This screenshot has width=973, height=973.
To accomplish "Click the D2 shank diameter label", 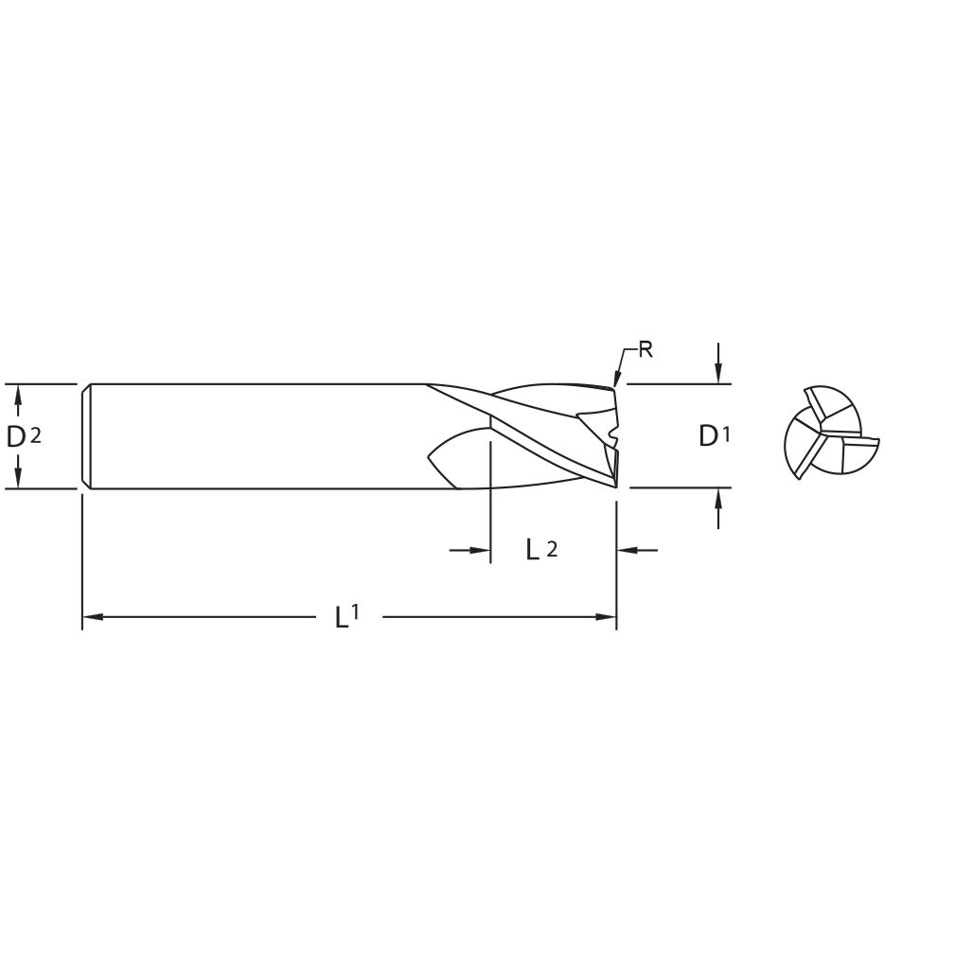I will [x=24, y=436].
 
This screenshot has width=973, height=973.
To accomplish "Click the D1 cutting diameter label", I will [x=715, y=436].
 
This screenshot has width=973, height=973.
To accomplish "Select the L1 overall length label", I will [x=347, y=617].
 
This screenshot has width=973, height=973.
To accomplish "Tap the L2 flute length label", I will [x=540, y=549].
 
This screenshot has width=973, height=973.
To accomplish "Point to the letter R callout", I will [x=646, y=349].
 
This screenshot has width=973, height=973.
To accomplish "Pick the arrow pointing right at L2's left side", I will [x=481, y=549].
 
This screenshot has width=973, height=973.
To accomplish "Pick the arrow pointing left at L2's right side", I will [x=628, y=549].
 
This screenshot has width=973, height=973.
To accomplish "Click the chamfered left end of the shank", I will [x=86, y=436].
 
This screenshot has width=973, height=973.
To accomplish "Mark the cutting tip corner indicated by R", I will [x=614, y=387].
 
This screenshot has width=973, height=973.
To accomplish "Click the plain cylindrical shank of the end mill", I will [x=256, y=436].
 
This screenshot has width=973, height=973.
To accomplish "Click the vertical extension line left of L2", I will [x=490, y=502].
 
